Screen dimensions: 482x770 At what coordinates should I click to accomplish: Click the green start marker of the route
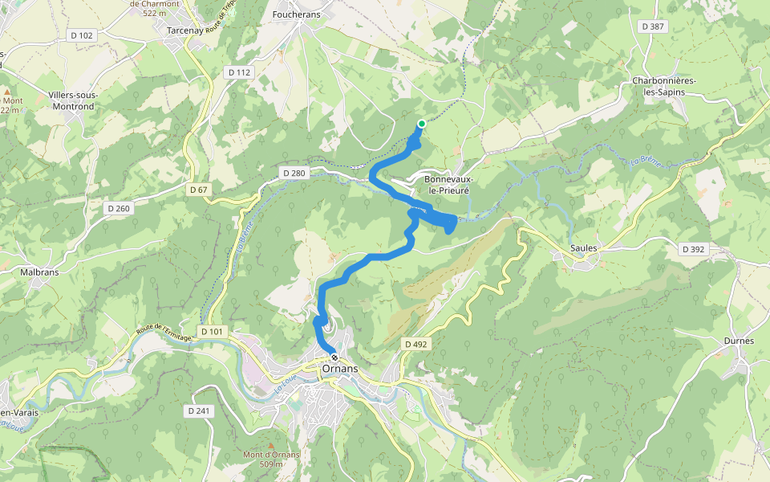(x=421, y=123)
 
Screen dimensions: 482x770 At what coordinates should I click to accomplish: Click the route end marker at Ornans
(x=334, y=357)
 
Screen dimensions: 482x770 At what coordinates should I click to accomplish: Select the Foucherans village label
(x=297, y=14)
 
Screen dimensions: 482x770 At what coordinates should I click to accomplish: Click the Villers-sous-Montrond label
(x=73, y=100)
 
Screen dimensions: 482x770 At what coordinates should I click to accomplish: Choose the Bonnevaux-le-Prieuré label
(x=448, y=185)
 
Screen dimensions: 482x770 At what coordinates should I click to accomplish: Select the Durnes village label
(x=738, y=341)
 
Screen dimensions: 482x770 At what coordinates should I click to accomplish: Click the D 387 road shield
(x=654, y=27)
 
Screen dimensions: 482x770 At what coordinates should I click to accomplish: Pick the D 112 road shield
(x=240, y=72)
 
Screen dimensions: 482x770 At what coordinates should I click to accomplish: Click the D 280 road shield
(x=294, y=173)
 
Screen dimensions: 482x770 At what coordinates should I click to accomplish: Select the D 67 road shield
(x=199, y=190)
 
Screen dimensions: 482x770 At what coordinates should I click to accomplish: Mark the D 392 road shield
(x=693, y=249)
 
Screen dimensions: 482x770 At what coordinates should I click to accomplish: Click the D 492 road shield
(x=415, y=345)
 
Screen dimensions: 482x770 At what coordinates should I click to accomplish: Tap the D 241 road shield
(x=198, y=411)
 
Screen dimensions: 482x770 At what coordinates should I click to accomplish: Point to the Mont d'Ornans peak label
(x=271, y=459)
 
